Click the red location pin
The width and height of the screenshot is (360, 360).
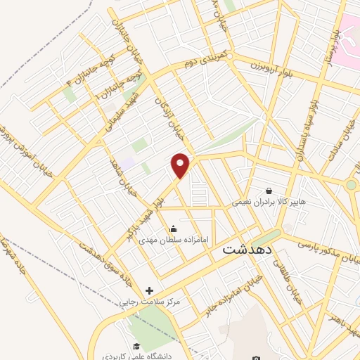coord(181,165)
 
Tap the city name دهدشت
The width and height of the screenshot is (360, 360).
coord(246,249)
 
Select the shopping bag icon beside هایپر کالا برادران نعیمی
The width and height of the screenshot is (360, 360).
coord(269,191)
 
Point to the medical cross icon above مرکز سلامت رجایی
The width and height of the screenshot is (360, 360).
coord(149,290)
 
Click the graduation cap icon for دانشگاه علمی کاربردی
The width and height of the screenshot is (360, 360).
coord(136,346)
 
